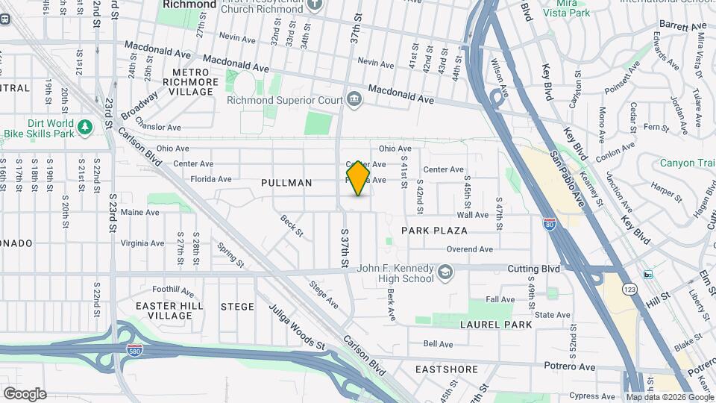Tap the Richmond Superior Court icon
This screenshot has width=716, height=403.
pyautogui.click(x=354, y=99)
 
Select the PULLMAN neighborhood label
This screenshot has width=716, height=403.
pyautogui.click(x=286, y=183)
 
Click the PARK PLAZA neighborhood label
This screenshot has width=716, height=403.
pyautogui.click(x=434, y=231)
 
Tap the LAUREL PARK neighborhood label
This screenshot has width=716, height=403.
pyautogui.click(x=496, y=325)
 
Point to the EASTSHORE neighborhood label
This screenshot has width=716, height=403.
pyautogui.click(x=447, y=369)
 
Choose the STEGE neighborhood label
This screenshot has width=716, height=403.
pyautogui.click(x=237, y=307)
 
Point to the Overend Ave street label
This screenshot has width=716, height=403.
pyautogui.click(x=470, y=249)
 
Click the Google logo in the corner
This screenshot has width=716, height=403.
pyautogui.click(x=25, y=393)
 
